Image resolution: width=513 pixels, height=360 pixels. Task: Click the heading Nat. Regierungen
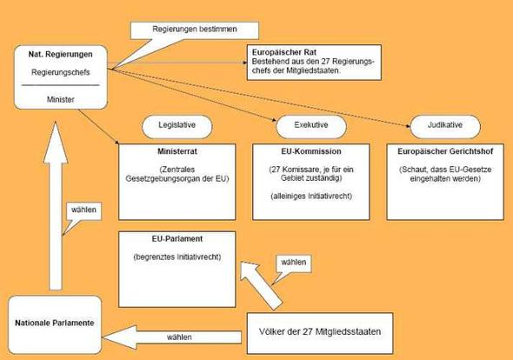point(61,54)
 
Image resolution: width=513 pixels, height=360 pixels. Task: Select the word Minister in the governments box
point(61,99)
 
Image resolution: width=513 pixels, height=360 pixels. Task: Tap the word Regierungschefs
point(61,72)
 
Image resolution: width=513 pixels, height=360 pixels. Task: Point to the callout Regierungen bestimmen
point(195,30)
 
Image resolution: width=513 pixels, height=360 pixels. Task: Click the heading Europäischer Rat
point(284,52)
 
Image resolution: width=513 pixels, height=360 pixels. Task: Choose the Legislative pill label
point(177,125)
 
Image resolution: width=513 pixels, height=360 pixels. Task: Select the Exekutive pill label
point(311,125)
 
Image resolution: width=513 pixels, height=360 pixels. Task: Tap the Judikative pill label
point(445,125)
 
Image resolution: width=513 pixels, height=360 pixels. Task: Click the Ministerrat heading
point(177,151)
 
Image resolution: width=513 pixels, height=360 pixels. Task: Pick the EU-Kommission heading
point(311,151)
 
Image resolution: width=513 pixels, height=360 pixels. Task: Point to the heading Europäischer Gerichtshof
point(445,151)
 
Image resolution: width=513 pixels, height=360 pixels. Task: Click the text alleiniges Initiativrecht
point(311,196)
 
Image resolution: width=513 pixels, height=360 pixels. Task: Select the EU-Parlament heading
point(177,239)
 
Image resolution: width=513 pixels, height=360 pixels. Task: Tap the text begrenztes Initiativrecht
point(177,257)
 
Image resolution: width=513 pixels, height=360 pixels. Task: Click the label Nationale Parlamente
point(55,323)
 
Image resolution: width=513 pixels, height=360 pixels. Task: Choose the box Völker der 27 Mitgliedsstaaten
point(320,333)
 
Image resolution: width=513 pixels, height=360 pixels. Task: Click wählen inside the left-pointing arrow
point(179,337)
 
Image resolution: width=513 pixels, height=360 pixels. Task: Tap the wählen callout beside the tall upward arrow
point(83,211)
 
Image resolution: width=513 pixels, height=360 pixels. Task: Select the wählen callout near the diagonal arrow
point(293,264)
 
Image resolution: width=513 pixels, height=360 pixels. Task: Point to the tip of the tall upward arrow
point(56,123)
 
